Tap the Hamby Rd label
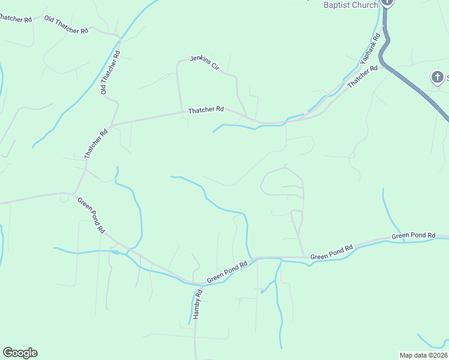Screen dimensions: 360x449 (x=197, y=308)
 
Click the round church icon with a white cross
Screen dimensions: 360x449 (x=438, y=77)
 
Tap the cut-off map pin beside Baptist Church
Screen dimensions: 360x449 (x=388, y=3)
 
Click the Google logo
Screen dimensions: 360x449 (x=20, y=353)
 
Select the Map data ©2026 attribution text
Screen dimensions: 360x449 (x=423, y=355)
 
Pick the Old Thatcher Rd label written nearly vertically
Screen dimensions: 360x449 (x=110, y=73)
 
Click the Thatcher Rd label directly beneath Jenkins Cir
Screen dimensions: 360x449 (x=205, y=110)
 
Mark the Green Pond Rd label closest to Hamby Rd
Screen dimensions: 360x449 (x=227, y=272)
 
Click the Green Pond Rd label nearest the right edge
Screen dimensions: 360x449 (x=413, y=235)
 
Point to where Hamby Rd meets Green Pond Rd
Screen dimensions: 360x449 (x=200, y=284)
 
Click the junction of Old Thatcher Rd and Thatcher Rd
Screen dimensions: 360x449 (x=111, y=124)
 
